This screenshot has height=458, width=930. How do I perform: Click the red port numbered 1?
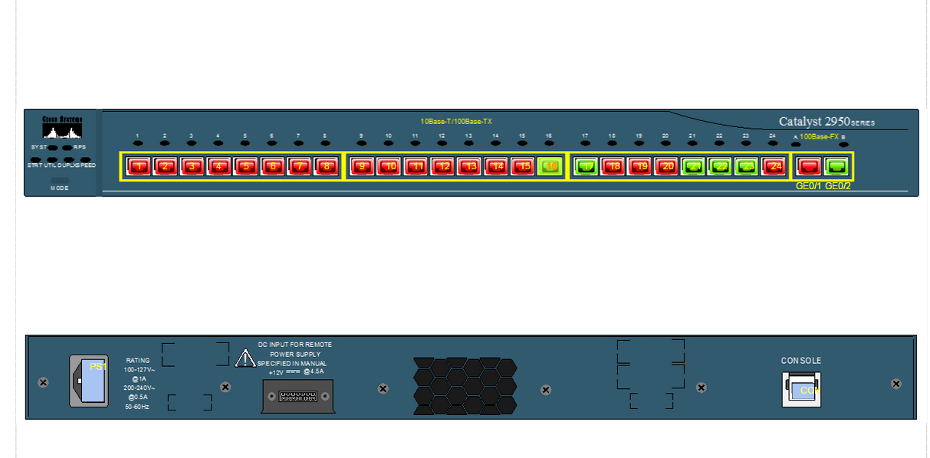coord(139,166)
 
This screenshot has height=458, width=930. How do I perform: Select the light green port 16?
coord(549,166)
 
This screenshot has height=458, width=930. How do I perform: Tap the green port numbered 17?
coord(587,166)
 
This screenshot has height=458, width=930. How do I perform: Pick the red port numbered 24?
coord(774,166)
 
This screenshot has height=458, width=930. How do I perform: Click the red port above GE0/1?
coord(808,166)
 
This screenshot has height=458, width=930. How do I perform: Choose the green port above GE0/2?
coord(838,166)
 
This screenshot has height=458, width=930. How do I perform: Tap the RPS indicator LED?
coord(67,147)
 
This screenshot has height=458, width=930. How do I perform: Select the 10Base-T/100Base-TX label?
coord(456,121)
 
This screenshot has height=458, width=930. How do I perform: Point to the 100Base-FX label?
coord(819,136)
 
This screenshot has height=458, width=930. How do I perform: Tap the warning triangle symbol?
coord(245,358)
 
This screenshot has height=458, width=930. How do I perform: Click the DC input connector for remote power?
coord(297,397)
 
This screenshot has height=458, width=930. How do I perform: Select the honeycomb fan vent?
coord(465,386)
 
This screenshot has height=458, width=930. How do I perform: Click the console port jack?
coord(801,389)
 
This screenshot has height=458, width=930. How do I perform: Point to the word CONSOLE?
coord(801,361)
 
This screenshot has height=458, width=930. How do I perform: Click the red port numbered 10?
coord(389,166)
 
